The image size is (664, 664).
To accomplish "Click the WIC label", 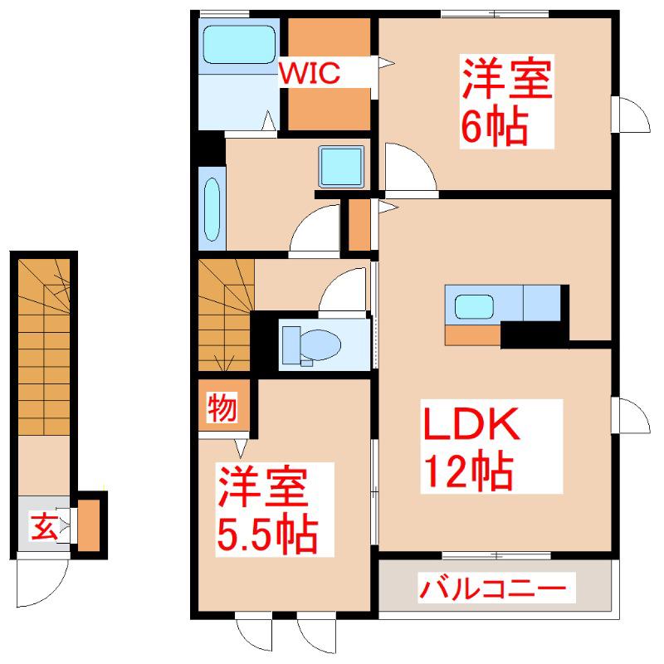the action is click(x=310, y=73).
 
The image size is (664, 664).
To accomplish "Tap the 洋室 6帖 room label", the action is click(x=506, y=101).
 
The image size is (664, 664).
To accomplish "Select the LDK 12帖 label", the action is click(x=471, y=447).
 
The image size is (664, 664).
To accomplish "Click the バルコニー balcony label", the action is click(x=492, y=588).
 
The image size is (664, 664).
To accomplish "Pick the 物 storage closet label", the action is click(x=222, y=407).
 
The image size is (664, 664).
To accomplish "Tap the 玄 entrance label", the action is click(x=44, y=526).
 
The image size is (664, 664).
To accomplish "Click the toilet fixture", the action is click(x=312, y=345).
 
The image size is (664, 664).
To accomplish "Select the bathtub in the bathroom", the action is click(x=239, y=45).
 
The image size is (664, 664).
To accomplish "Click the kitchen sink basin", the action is click(x=474, y=306).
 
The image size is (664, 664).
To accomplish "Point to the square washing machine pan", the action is click(x=341, y=167).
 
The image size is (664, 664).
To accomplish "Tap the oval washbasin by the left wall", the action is click(x=212, y=209).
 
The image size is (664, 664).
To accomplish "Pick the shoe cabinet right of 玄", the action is click(x=89, y=525).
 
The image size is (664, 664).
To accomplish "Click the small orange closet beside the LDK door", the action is click(x=359, y=224).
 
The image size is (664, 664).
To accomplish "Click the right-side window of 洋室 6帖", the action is click(x=630, y=115).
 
